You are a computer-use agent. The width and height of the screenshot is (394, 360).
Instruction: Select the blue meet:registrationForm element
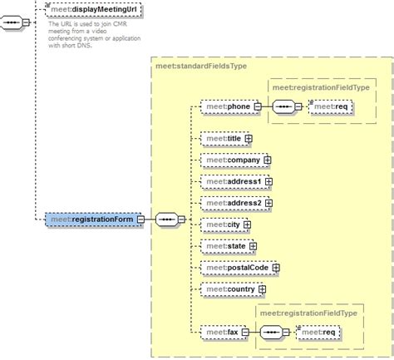click(x=91, y=219)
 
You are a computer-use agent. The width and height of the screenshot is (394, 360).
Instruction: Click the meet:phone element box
click(x=226, y=106)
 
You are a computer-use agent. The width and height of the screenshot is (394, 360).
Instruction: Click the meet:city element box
click(x=221, y=224)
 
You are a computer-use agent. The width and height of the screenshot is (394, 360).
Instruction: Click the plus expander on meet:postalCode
click(x=275, y=268)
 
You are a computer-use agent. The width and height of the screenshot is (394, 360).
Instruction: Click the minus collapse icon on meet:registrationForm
click(x=140, y=219)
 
